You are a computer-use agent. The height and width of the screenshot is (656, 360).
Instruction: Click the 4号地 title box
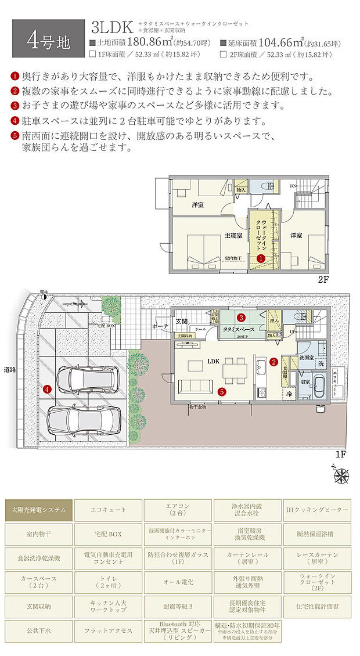[49, 39]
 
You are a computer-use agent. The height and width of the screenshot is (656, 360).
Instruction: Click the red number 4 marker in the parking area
[47, 389]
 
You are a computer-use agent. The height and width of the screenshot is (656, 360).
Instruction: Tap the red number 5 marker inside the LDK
[222, 391]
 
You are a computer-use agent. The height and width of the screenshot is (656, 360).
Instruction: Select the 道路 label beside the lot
[10, 369]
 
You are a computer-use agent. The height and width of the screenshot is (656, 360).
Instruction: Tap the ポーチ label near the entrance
[161, 326]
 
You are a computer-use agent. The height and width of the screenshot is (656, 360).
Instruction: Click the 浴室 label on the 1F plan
[304, 382]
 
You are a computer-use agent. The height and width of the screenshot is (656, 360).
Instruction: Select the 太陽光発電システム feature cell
[38, 510]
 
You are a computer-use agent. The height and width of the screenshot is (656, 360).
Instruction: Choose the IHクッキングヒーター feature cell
[317, 510]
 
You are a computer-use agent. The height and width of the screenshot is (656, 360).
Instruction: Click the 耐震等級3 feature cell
[178, 606]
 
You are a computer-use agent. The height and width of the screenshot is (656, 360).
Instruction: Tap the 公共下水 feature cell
[38, 630]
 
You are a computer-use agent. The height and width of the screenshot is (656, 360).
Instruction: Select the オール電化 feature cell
[178, 582]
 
